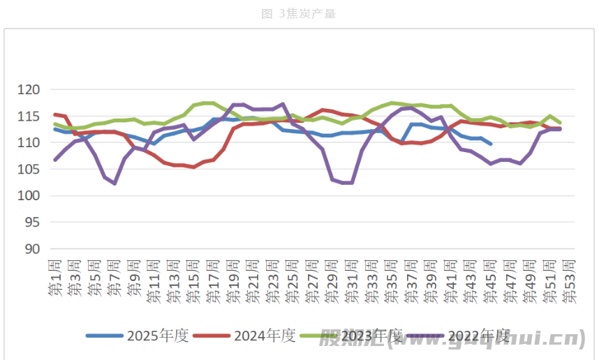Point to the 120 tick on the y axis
coord(33,90)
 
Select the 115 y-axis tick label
coord(33,117)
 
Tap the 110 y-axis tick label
coord(33,143)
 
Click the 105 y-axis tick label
coord(33,170)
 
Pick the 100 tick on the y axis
coord(33,196)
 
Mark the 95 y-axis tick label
coord(36,223)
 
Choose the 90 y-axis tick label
coord(36,249)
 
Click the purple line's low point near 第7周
coord(114,183)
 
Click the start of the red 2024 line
coord(55,114)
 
